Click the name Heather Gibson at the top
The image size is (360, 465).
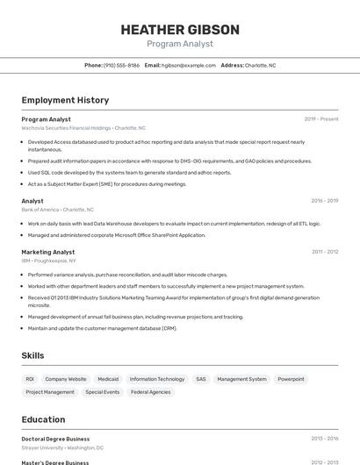pyautogui.click(x=179, y=29)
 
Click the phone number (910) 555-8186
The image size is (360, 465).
pyautogui.click(x=121, y=65)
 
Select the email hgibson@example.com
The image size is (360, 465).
pyautogui.click(x=189, y=65)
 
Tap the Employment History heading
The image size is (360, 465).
pyautogui.click(x=65, y=100)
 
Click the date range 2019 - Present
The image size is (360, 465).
pyautogui.click(x=320, y=119)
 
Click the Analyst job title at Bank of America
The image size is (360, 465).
pyautogui.click(x=32, y=201)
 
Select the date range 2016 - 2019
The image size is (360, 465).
pyautogui.click(x=324, y=201)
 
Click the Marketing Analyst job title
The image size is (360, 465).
pyautogui.click(x=48, y=252)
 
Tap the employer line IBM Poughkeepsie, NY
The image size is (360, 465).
pyautogui.click(x=48, y=261)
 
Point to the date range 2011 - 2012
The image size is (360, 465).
pyautogui.click(x=324, y=252)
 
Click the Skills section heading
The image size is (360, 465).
pyautogui.click(x=32, y=355)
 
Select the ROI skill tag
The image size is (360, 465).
pyautogui.click(x=30, y=379)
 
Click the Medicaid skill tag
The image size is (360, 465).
pyautogui.click(x=108, y=379)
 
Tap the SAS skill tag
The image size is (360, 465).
pyautogui.click(x=201, y=379)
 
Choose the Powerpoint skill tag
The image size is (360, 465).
pyautogui.click(x=291, y=379)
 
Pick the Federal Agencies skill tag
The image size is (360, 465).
pyautogui.click(x=151, y=392)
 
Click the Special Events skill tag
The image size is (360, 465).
pyautogui.click(x=103, y=392)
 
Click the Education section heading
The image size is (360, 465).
pyautogui.click(x=43, y=419)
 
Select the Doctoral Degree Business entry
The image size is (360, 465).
pyautogui.click(x=55, y=439)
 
